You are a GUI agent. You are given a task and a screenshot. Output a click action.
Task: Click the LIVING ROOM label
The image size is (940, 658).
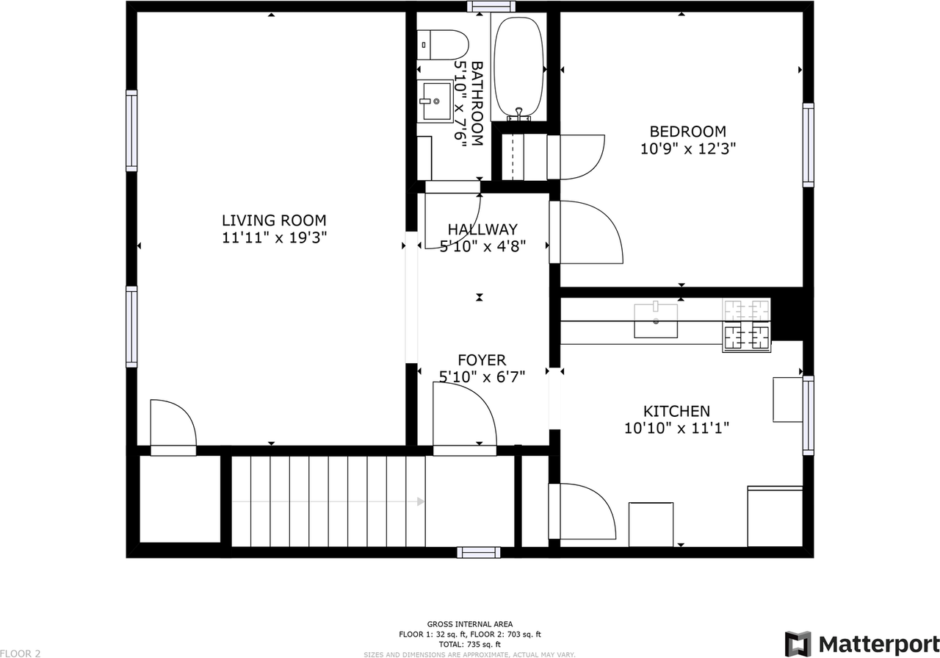click(274, 221)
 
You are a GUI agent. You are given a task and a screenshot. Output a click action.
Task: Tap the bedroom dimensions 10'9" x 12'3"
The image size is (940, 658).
click(688, 148)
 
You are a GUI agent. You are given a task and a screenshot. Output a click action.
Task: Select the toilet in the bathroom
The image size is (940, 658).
click(444, 44)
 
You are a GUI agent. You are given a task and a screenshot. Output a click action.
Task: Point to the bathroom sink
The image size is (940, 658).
click(437, 101)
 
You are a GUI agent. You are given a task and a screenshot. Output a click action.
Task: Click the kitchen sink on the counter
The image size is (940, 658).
click(656, 319)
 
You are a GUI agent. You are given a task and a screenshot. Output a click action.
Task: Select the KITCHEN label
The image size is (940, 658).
click(676, 411)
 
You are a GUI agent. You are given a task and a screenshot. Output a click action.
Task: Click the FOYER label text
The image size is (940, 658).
click(482, 360)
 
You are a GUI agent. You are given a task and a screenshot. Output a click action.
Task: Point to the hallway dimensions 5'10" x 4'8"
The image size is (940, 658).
click(482, 246)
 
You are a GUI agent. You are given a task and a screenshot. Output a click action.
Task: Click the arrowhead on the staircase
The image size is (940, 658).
click(420, 501)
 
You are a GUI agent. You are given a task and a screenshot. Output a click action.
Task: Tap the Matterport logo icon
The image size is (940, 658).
click(798, 643)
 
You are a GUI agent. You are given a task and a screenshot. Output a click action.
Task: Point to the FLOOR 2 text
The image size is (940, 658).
click(21, 652)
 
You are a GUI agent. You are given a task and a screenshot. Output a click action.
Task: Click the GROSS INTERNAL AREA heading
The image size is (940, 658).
click(470, 624)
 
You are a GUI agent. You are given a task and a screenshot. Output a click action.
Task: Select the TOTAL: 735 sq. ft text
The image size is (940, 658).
click(470, 643)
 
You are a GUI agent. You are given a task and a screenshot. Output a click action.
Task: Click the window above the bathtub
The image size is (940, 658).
click(491, 7)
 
